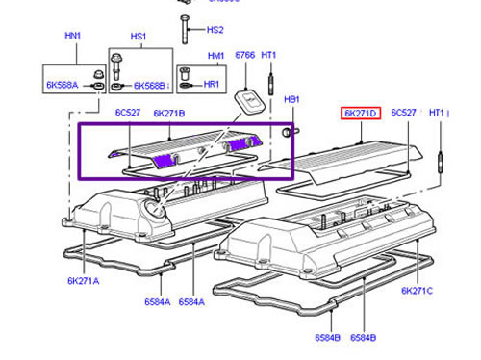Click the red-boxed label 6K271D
coord(361,114)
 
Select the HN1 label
coord(73,36)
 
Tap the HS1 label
coord(139,37)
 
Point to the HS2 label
coord(215,30)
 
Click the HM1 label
coord(215,56)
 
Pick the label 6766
coord(245,55)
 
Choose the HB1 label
coord(291,99)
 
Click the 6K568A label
coord(63,85)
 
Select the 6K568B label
coord(149,86)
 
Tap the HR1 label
coord(212,85)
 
